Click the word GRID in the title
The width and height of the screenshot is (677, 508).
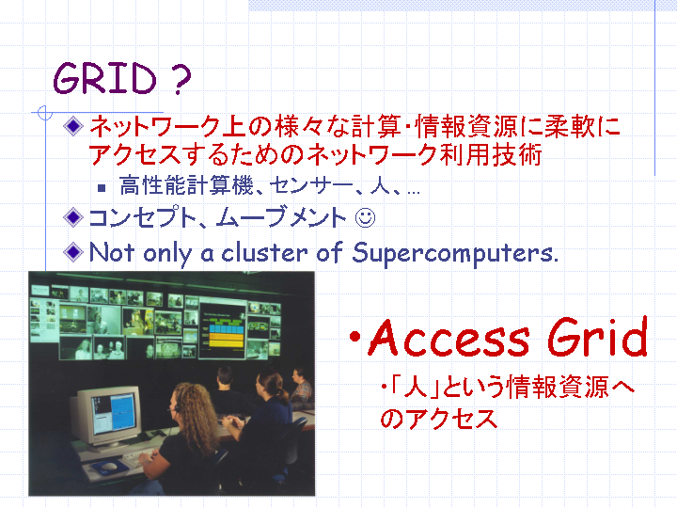(104, 78)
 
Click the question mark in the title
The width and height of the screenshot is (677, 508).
(181, 79)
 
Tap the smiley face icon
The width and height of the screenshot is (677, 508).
(365, 217)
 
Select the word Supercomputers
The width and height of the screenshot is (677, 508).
(455, 253)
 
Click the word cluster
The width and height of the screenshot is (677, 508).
(264, 252)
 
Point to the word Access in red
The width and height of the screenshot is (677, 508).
(449, 338)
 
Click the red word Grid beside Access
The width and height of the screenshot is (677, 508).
(598, 337)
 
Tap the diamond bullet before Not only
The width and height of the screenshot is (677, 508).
(73, 252)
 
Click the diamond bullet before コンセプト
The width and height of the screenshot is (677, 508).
(73, 217)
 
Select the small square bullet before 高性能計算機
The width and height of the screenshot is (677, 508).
(102, 188)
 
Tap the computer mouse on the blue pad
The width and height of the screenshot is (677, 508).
(109, 467)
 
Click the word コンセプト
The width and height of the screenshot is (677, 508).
(143, 217)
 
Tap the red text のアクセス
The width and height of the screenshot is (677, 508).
(439, 418)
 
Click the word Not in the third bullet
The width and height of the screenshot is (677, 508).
(111, 252)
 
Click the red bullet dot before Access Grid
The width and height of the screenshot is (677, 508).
(354, 337)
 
